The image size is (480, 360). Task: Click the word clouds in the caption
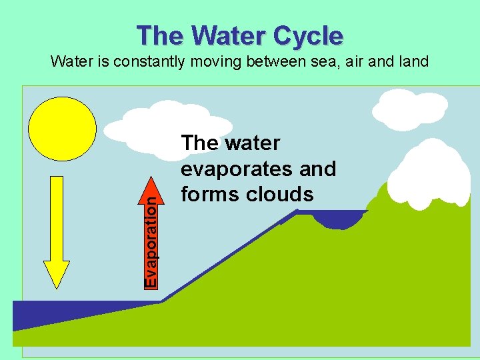(x=281, y=194)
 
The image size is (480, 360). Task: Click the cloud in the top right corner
(x=409, y=108)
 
